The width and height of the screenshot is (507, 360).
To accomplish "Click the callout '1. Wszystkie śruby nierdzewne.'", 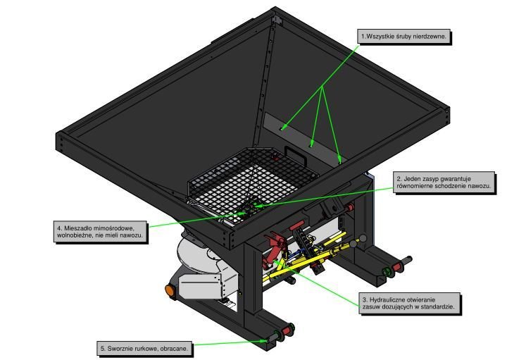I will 403,36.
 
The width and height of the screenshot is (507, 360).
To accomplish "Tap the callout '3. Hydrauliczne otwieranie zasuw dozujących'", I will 410,303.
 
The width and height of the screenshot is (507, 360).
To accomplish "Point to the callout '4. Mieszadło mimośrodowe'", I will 101,232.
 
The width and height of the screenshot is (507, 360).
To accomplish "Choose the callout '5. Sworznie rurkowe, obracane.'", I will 145,347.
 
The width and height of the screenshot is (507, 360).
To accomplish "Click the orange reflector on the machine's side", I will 169,290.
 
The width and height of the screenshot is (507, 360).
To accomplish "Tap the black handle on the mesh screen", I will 295,151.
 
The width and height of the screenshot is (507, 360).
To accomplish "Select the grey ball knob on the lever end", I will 363,237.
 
